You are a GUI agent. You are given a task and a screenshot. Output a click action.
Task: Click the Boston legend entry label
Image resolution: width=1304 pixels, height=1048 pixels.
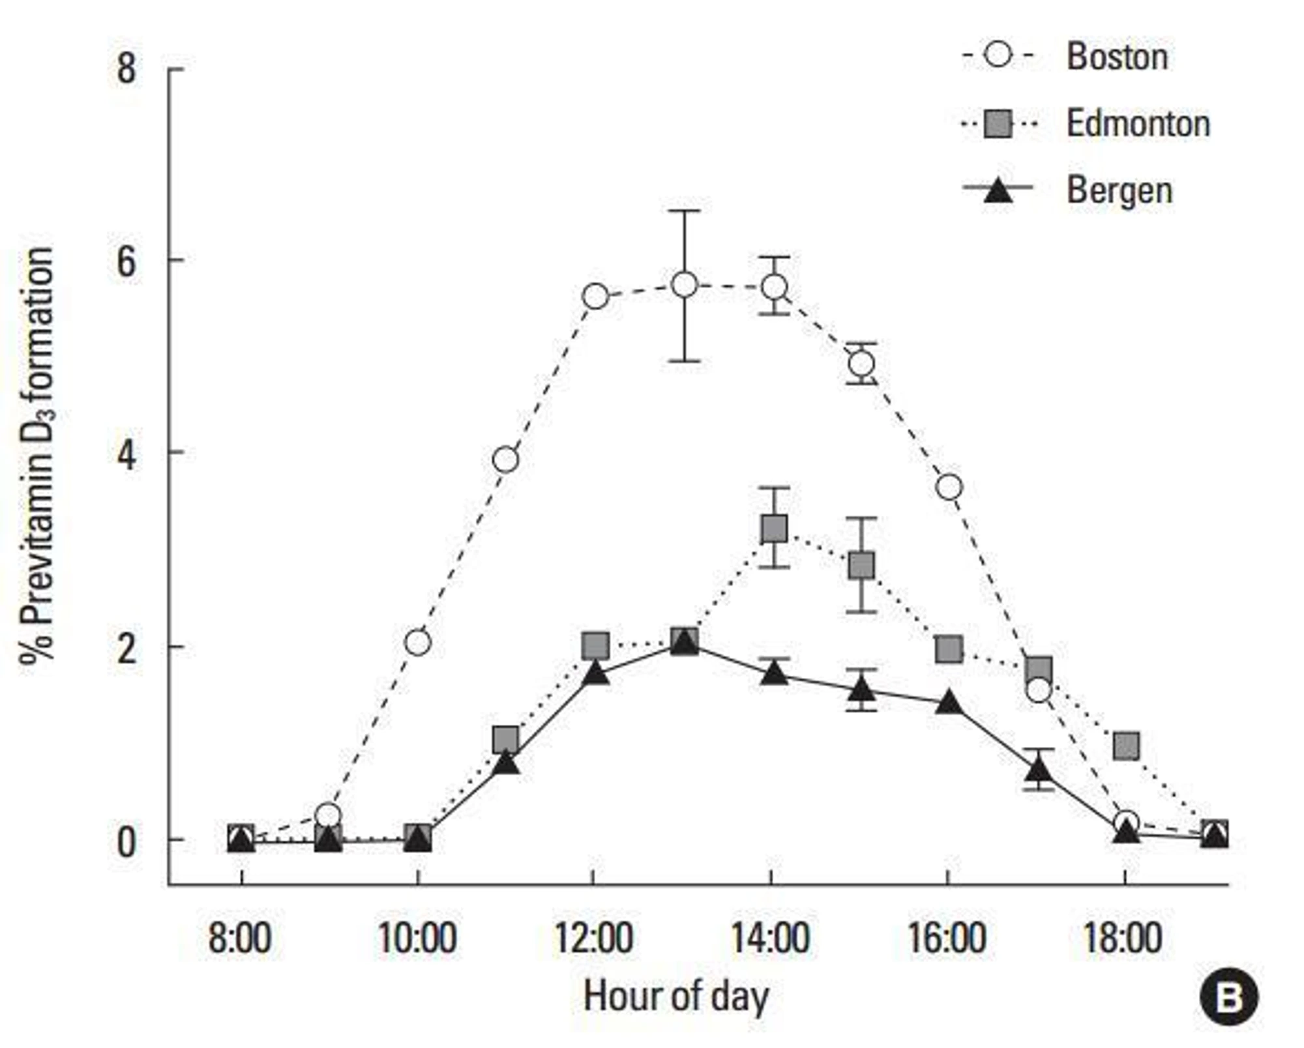[x=1117, y=57]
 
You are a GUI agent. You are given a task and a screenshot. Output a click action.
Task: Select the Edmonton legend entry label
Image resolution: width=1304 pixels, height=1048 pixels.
[x=1138, y=123]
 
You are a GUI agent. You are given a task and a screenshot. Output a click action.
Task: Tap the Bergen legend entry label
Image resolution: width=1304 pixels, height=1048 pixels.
[x=1119, y=190]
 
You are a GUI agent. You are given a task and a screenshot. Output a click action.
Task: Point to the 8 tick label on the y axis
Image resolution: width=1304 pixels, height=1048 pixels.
[x=126, y=68]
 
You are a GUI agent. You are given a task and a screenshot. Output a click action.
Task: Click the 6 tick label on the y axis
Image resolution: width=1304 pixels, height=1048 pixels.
[x=126, y=261]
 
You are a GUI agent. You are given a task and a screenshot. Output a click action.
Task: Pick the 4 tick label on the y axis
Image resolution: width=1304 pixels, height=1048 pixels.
[x=126, y=454]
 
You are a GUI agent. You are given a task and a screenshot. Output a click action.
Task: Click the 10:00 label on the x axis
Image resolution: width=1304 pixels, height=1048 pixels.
[x=417, y=939]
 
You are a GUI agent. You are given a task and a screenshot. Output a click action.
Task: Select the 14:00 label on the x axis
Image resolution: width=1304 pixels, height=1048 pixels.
[x=771, y=939]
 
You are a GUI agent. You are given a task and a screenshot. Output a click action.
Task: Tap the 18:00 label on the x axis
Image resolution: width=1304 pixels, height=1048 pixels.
[x=1123, y=939]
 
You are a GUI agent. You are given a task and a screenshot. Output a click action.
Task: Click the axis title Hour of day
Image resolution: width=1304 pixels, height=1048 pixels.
[x=676, y=997]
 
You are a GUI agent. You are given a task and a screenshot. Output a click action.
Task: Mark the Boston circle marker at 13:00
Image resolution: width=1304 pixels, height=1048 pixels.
[x=684, y=284]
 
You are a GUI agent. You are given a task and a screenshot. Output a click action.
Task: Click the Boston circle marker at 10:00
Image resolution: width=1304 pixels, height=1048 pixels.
[x=418, y=643]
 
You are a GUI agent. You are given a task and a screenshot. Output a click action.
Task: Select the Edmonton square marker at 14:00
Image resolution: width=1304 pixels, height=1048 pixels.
[x=774, y=529]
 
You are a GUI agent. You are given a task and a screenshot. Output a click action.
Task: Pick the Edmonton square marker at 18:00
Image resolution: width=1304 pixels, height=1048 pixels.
[x=1126, y=744]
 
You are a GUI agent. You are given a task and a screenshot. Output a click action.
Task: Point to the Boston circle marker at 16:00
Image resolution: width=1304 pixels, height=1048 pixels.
[x=949, y=487]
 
